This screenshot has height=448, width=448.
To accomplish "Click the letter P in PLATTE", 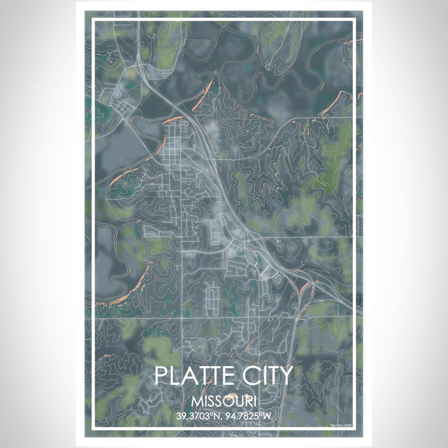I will tap(162, 376).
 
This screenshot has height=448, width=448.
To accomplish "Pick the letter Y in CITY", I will tap(285, 376).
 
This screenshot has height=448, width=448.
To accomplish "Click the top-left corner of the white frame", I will tap(94, 20).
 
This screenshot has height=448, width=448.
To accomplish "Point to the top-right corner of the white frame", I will tap(354, 20).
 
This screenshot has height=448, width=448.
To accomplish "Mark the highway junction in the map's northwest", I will tap(142, 64).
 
